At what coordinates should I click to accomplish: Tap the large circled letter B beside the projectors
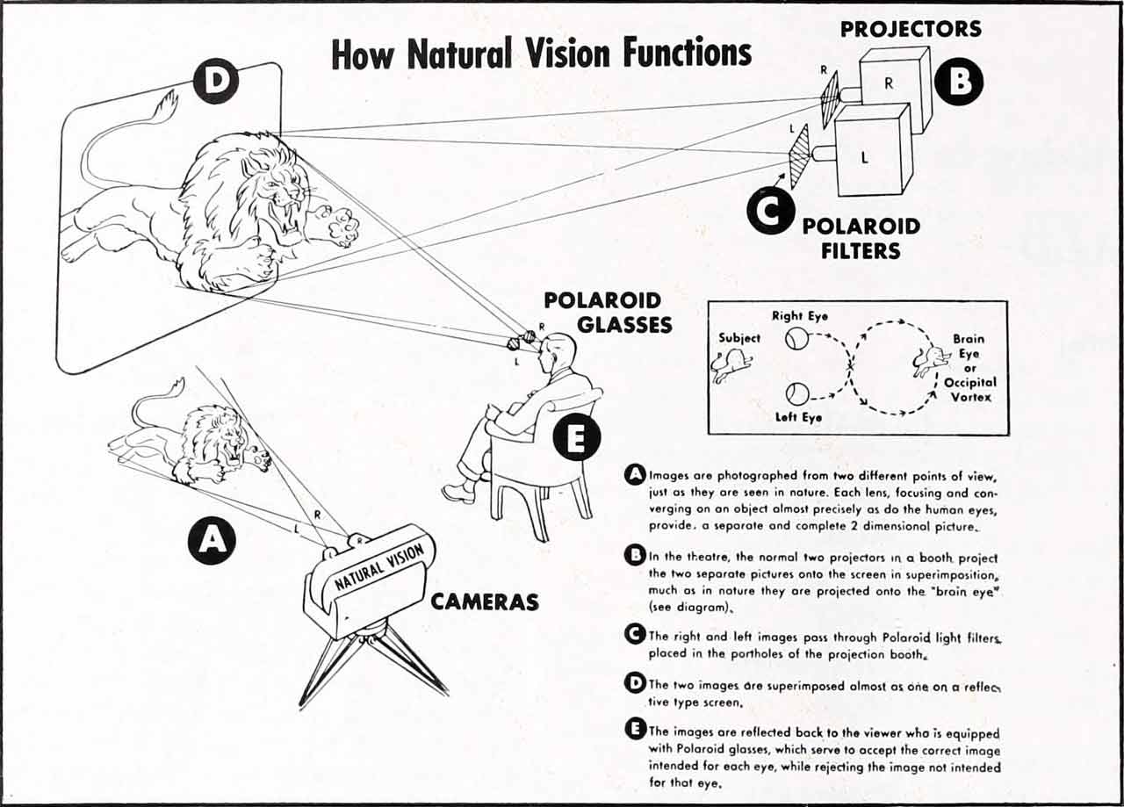point(959,81)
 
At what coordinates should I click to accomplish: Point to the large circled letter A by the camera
point(212,539)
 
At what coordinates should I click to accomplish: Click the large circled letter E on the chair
point(577,438)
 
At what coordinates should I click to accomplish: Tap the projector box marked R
point(893,86)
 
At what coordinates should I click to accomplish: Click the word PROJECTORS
point(911,29)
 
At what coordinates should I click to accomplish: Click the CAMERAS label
point(484,602)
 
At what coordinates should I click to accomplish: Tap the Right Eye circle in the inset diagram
point(796,338)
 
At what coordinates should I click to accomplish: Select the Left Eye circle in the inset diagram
point(796,393)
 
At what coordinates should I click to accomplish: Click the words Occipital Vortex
point(969,390)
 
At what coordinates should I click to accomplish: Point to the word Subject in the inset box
point(739,337)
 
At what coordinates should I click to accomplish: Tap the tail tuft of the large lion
point(165,103)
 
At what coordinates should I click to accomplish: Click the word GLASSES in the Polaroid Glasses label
point(623,324)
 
